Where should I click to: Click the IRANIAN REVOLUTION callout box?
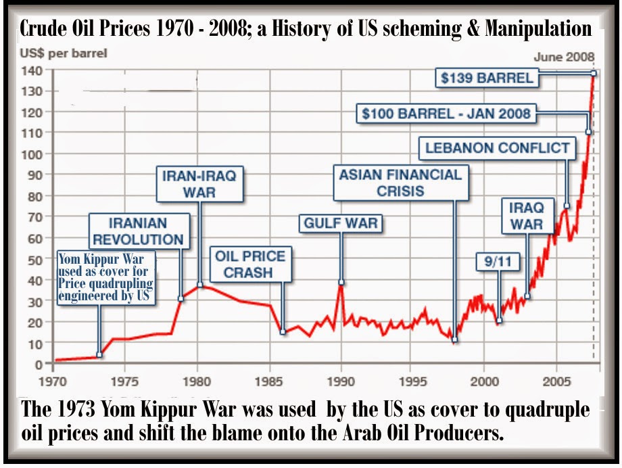coord(138,231)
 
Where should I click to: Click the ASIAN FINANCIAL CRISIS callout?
coord(401,182)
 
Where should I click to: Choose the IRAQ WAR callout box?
coord(527,214)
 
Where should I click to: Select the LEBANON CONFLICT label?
coord(498,147)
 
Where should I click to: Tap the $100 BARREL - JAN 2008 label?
coord(446,114)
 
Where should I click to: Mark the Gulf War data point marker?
coord(341,282)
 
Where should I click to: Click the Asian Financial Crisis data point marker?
coord(455,340)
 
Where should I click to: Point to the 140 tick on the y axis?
coord(34,70)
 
